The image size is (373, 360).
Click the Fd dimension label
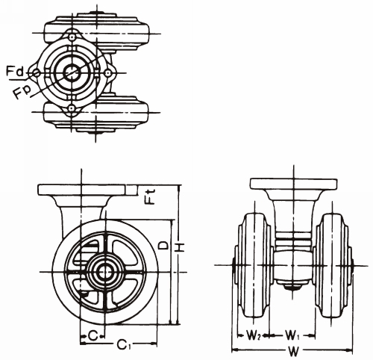tap(14, 72)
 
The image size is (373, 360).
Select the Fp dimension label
tap(22, 93)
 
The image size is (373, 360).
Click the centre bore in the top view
tap(72, 72)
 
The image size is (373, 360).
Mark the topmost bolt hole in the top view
tap(72, 37)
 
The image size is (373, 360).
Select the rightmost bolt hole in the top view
tap(107, 72)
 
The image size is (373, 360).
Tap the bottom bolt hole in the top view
tap(72, 108)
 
